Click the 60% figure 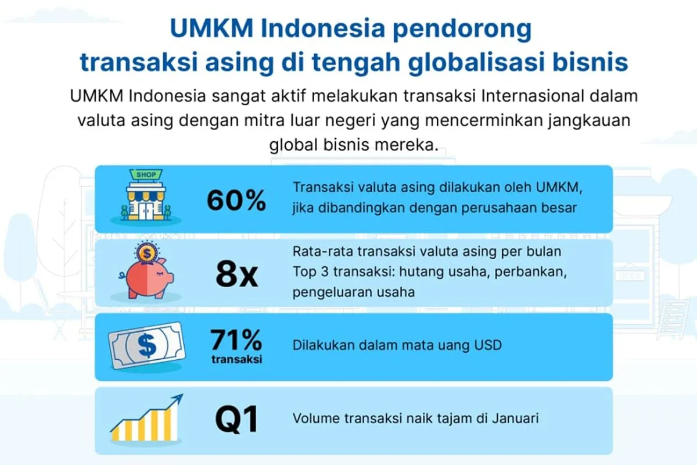(236, 201)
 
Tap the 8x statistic (237, 274)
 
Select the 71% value (236, 340)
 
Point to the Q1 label (236, 419)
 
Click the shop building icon (146, 196)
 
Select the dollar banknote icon (146, 345)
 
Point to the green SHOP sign (146, 174)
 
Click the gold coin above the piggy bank (146, 253)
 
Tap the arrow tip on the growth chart (182, 395)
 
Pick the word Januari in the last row (515, 419)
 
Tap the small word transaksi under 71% (237, 359)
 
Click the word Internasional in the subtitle (533, 96)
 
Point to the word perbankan (530, 272)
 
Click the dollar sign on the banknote (146, 345)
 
